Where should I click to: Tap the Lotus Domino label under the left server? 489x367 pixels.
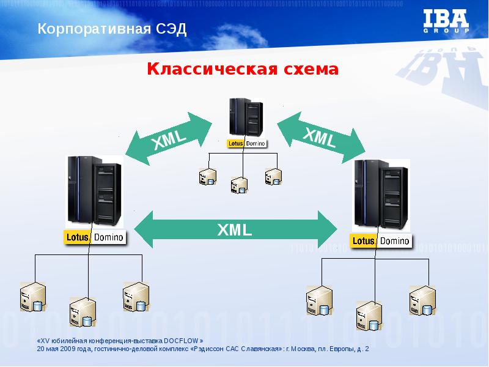(x=95, y=237)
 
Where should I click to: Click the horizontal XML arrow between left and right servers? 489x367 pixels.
(x=235, y=229)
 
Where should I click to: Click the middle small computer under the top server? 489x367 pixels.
(x=238, y=185)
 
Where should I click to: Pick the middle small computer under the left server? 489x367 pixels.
(x=82, y=312)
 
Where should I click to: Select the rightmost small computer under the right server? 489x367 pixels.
(x=422, y=299)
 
